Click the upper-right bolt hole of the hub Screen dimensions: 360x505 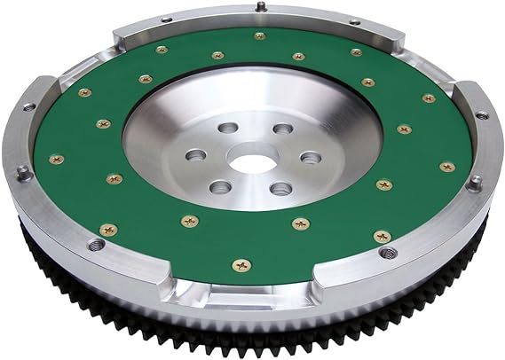tap(281, 129)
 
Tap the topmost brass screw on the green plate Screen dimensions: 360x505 tap(260, 36)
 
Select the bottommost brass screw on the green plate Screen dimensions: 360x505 tap(238, 265)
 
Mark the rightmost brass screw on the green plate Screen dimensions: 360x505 tap(446, 166)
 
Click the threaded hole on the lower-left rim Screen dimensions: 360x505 tap(93, 241)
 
